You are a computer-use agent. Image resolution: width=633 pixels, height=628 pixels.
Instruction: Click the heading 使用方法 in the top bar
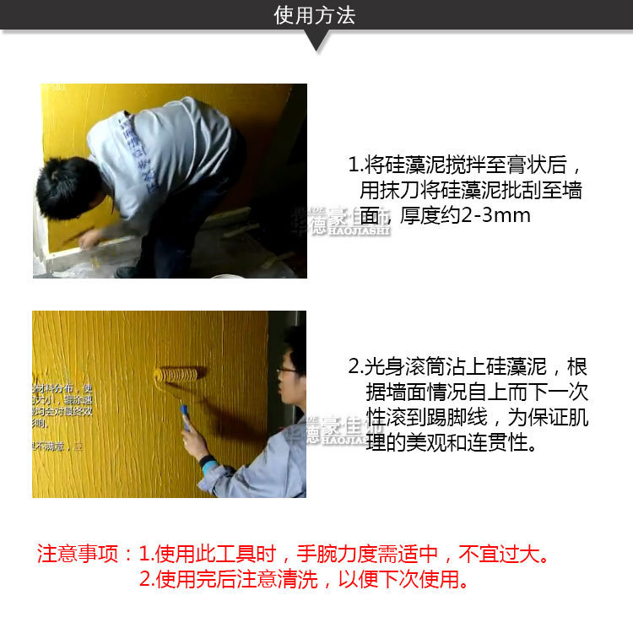pos(315,16)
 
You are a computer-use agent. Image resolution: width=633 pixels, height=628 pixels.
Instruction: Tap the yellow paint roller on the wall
pos(180,373)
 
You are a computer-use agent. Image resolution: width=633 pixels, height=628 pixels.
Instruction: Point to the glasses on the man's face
pos(287,369)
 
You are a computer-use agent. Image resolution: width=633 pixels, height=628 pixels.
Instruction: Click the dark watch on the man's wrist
pos(207,462)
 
